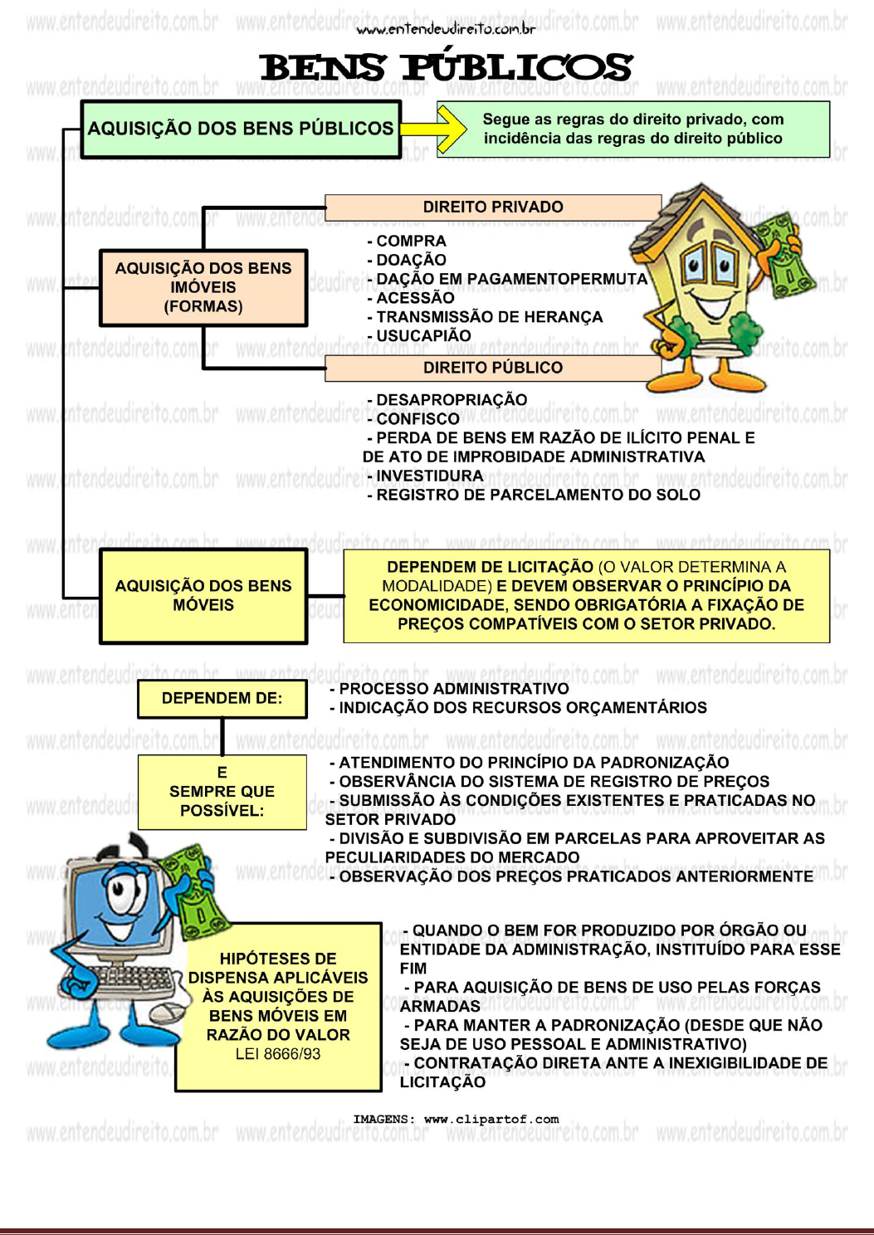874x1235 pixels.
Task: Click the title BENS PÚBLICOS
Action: coord(446,66)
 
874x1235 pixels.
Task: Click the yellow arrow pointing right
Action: coord(433,129)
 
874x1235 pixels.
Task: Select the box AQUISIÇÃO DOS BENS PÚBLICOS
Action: coord(241,129)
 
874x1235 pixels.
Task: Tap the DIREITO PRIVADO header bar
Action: coord(493,207)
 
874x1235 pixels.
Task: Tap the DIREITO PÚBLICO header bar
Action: coord(493,368)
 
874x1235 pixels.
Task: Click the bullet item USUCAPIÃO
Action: coord(419,336)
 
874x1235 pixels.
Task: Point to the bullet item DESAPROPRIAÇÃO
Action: coord(447,400)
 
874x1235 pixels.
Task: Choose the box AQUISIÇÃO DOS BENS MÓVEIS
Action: coord(203,596)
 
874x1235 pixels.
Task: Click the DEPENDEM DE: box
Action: coord(222,699)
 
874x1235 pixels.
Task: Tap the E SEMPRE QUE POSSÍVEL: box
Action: coord(222,792)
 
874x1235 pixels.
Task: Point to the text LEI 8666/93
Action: coord(278,1053)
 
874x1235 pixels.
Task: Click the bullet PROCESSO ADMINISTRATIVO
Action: coord(449,689)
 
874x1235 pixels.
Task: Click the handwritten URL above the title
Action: coord(446,31)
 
